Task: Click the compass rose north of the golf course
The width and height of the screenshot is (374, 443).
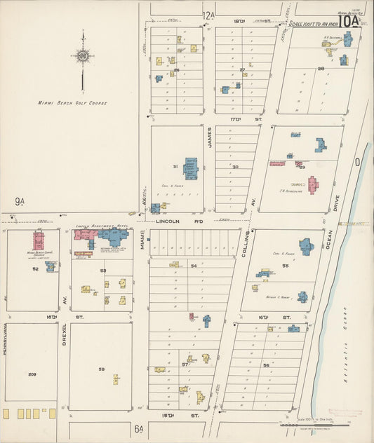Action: tap(83, 57)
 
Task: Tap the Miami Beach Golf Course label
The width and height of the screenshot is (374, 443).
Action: tap(73, 103)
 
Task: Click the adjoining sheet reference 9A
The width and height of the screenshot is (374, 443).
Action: tap(19, 203)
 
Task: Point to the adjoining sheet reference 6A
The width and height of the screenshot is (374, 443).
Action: tap(139, 428)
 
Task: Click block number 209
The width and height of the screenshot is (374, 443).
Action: tap(32, 374)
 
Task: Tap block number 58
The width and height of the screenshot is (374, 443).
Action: tap(101, 369)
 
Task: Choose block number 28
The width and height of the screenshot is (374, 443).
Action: tap(321, 69)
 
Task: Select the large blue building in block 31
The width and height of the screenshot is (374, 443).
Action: tap(190, 167)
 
